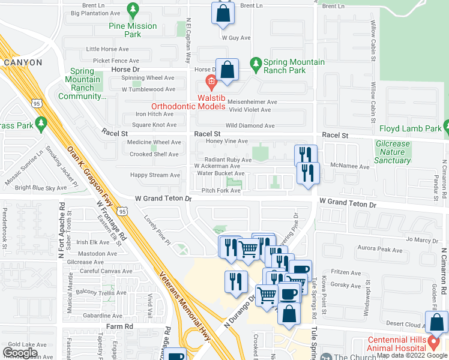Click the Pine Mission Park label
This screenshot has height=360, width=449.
133,30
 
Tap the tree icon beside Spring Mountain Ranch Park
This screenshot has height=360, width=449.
256,63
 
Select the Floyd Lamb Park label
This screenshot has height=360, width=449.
410,128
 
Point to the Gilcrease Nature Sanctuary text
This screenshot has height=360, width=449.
392,152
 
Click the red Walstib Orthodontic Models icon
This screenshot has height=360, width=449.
211,82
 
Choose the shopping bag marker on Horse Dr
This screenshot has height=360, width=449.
228,70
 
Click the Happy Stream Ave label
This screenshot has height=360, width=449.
155,175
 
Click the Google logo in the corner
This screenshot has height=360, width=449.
20,353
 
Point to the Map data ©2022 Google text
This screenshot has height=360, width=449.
412,355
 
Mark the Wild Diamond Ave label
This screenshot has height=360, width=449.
250,126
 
